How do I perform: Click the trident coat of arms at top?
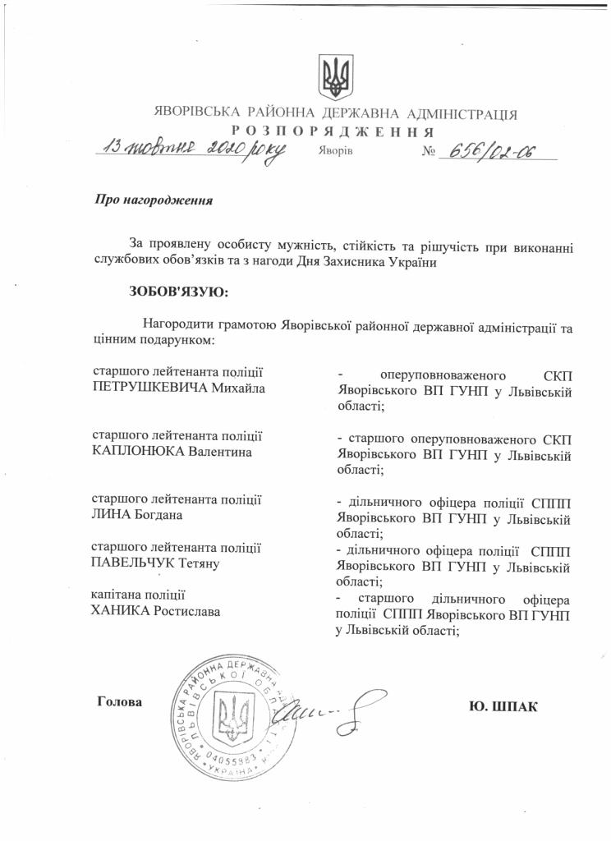pos(335,77)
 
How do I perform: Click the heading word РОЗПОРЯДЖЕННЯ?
pos(332,131)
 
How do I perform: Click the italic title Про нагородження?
pos(154,200)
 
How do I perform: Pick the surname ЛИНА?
pos(110,515)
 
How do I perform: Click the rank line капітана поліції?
pos(138,595)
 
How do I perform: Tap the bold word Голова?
pos(119,702)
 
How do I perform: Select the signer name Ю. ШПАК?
pos(501,705)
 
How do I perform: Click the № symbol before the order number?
pos(428,153)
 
